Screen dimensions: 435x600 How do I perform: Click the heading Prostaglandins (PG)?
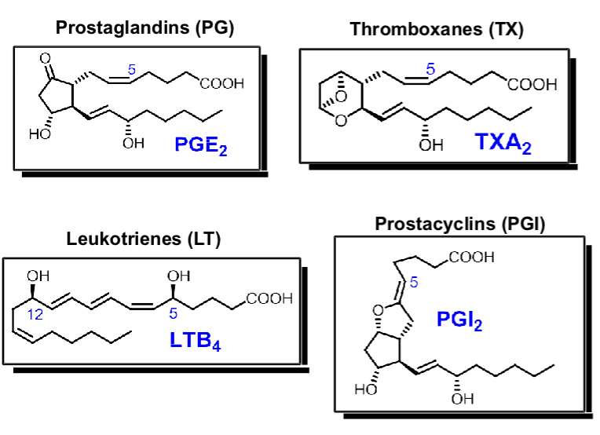click(x=145, y=29)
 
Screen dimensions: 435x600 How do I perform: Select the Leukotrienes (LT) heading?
click(x=144, y=241)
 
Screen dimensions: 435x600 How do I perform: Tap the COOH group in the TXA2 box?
click(x=532, y=85)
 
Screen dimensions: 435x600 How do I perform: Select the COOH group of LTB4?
click(x=269, y=298)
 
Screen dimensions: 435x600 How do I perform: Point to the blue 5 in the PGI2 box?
click(x=433, y=283)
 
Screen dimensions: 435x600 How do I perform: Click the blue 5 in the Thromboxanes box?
click(x=430, y=68)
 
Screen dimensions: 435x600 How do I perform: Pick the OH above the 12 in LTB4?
click(x=37, y=276)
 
